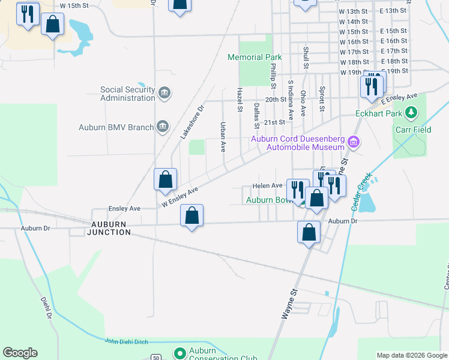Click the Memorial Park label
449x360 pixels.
coord(255,58)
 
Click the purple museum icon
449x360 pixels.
coord(354,142)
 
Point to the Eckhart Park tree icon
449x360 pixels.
coord(411,112)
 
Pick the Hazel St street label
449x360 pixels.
coord(239,99)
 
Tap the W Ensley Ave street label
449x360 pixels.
coord(179,198)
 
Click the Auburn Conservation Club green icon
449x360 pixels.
coord(178,353)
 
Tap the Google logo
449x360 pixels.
coord(20,353)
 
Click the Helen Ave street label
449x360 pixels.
coord(267,186)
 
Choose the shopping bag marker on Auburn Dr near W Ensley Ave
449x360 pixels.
coord(191,216)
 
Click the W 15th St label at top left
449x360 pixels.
coord(75,5)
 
